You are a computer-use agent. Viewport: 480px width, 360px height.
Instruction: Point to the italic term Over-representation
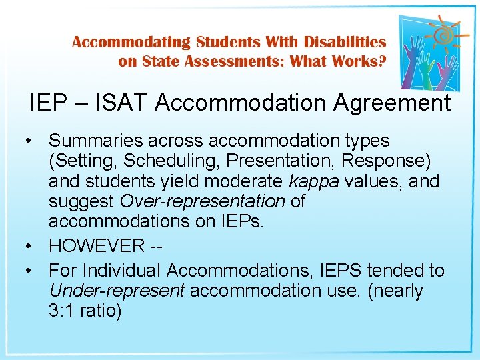click(x=202, y=201)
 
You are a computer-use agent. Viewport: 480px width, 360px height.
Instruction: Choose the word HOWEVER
click(x=95, y=245)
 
